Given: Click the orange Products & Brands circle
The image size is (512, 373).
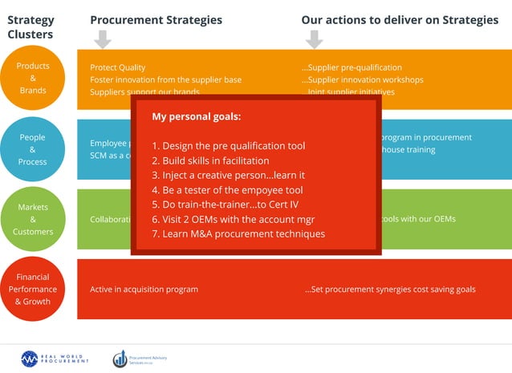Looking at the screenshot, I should click(x=33, y=78).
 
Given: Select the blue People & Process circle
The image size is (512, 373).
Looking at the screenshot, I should click(x=33, y=149).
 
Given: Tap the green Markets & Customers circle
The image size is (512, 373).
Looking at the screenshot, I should click(x=33, y=219).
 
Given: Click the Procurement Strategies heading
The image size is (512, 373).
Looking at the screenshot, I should click(x=156, y=20).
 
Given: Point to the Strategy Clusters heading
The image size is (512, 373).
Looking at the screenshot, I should click(x=30, y=27).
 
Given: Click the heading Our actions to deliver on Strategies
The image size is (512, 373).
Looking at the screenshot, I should click(x=400, y=20).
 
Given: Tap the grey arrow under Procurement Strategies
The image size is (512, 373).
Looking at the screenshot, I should click(x=103, y=39).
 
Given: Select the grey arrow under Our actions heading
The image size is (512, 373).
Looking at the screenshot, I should click(x=315, y=39).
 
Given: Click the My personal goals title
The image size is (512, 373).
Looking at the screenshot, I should click(x=196, y=117).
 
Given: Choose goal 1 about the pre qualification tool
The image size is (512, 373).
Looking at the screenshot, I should click(x=229, y=146).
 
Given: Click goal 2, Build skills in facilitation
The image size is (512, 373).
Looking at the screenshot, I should click(x=210, y=160).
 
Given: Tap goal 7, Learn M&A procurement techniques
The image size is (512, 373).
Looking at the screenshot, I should click(x=238, y=233).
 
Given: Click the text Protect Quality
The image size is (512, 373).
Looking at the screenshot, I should click(x=118, y=68).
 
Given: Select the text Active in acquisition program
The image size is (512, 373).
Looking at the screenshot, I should click(x=144, y=289).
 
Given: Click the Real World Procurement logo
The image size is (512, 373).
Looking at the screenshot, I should click(x=55, y=359).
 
